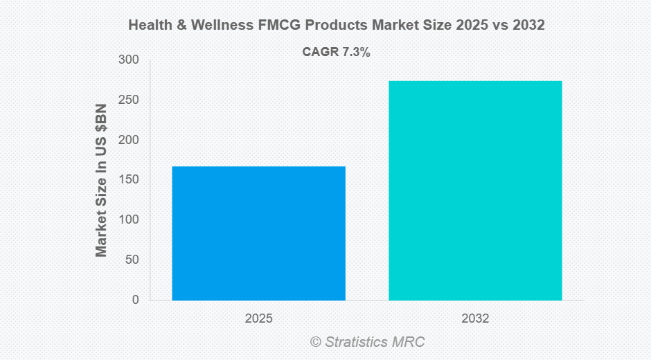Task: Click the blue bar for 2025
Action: [x=258, y=233]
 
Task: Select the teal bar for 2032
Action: [x=475, y=190]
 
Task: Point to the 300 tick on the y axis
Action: [x=130, y=60]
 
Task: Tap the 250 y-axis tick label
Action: [x=130, y=100]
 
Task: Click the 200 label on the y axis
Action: [x=130, y=140]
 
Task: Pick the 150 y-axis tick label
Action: [x=130, y=180]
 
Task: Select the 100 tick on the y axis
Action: [x=130, y=219]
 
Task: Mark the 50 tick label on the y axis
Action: [x=132, y=260]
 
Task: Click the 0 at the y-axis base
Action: [x=135, y=300]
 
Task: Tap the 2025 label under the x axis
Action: [x=258, y=319]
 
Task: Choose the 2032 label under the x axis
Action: [x=475, y=319]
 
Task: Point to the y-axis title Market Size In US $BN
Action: [x=102, y=180]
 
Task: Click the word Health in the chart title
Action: [x=149, y=26]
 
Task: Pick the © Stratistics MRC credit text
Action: [x=367, y=342]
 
